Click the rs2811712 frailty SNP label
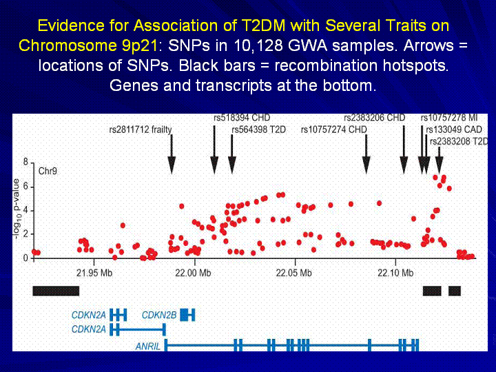(x=141, y=130)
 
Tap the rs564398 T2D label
(x=259, y=130)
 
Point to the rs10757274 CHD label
(x=334, y=130)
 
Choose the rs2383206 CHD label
(x=374, y=117)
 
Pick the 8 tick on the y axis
(x=25, y=163)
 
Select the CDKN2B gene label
(x=159, y=315)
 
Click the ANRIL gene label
(x=148, y=346)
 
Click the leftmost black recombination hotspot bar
(x=56, y=291)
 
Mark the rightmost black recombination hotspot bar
(x=455, y=291)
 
